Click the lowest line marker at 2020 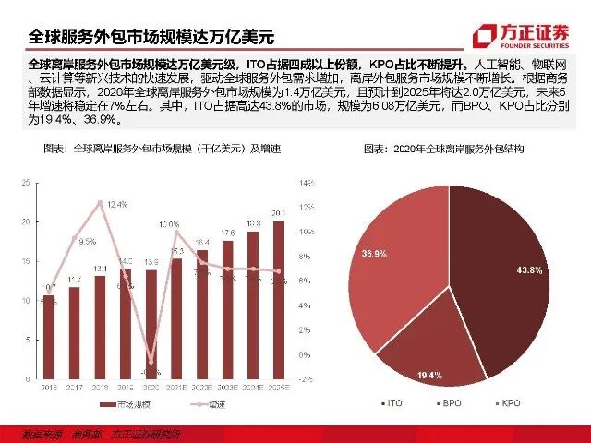151,362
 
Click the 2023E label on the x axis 227,388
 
